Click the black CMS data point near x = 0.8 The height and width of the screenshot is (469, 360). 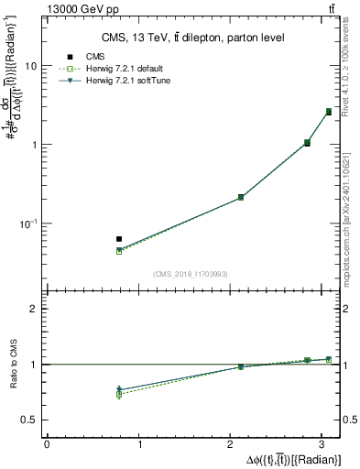119,239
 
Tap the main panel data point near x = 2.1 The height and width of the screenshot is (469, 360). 241,197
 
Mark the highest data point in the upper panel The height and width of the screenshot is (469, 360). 329,112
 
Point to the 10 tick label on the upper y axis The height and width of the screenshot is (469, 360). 31,67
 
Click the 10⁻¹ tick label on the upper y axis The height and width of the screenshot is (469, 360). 28,224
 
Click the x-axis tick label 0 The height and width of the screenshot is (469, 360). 46,444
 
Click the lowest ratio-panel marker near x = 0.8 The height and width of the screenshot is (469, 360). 119,395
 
